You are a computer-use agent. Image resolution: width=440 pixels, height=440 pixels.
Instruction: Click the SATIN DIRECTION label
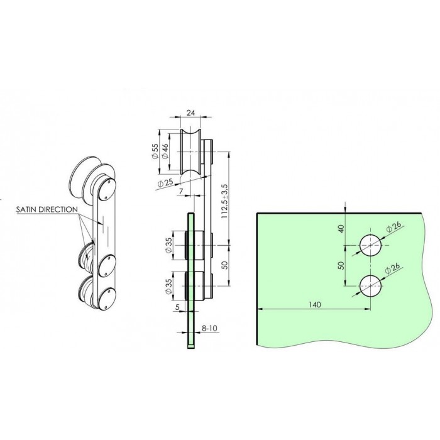coord(47,209)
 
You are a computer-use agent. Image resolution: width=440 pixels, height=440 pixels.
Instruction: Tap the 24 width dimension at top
coord(190,113)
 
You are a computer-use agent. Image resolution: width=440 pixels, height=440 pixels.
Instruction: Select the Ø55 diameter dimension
coord(155,151)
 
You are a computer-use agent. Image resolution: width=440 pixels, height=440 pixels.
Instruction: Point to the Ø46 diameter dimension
coord(165,151)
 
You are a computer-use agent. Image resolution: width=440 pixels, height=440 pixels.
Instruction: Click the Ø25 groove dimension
coord(165,184)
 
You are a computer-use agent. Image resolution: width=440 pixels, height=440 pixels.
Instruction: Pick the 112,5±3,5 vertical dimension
coord(225,202)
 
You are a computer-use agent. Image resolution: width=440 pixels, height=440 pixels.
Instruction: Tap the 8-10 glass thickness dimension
coord(209,328)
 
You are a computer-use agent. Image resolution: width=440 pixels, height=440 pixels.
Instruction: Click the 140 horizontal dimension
coord(314,304)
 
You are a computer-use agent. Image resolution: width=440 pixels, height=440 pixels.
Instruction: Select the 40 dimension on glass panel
coord(341,229)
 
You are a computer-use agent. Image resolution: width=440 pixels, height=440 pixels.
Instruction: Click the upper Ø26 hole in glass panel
coord(370,245)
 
